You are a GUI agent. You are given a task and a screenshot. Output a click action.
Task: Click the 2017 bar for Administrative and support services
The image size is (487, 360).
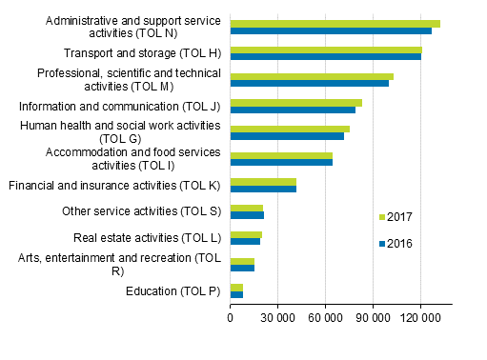pyautogui.click(x=335, y=24)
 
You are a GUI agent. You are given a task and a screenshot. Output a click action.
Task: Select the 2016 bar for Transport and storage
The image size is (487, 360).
pyautogui.click(x=325, y=57)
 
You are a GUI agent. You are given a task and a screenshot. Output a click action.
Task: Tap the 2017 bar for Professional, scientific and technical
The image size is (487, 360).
pyautogui.click(x=312, y=76)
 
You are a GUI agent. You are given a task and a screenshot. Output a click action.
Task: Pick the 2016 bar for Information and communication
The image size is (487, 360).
pyautogui.click(x=293, y=110)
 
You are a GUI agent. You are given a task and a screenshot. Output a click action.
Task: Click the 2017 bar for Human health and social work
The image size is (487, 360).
pyautogui.click(x=290, y=129)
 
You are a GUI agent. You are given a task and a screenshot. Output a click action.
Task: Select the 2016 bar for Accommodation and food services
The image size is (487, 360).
pyautogui.click(x=281, y=162)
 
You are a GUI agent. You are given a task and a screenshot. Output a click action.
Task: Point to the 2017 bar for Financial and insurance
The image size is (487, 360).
pyautogui.click(x=263, y=182)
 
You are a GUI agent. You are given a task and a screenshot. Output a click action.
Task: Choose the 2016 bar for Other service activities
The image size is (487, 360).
pyautogui.click(x=247, y=215)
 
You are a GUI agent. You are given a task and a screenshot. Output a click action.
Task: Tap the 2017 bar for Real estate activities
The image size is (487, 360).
pyautogui.click(x=246, y=234)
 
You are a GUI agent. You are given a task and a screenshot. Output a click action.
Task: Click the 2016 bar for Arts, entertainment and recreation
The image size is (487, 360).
pyautogui.click(x=242, y=268)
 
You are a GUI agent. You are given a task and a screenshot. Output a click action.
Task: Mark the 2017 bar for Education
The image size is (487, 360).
pyautogui.click(x=236, y=287)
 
